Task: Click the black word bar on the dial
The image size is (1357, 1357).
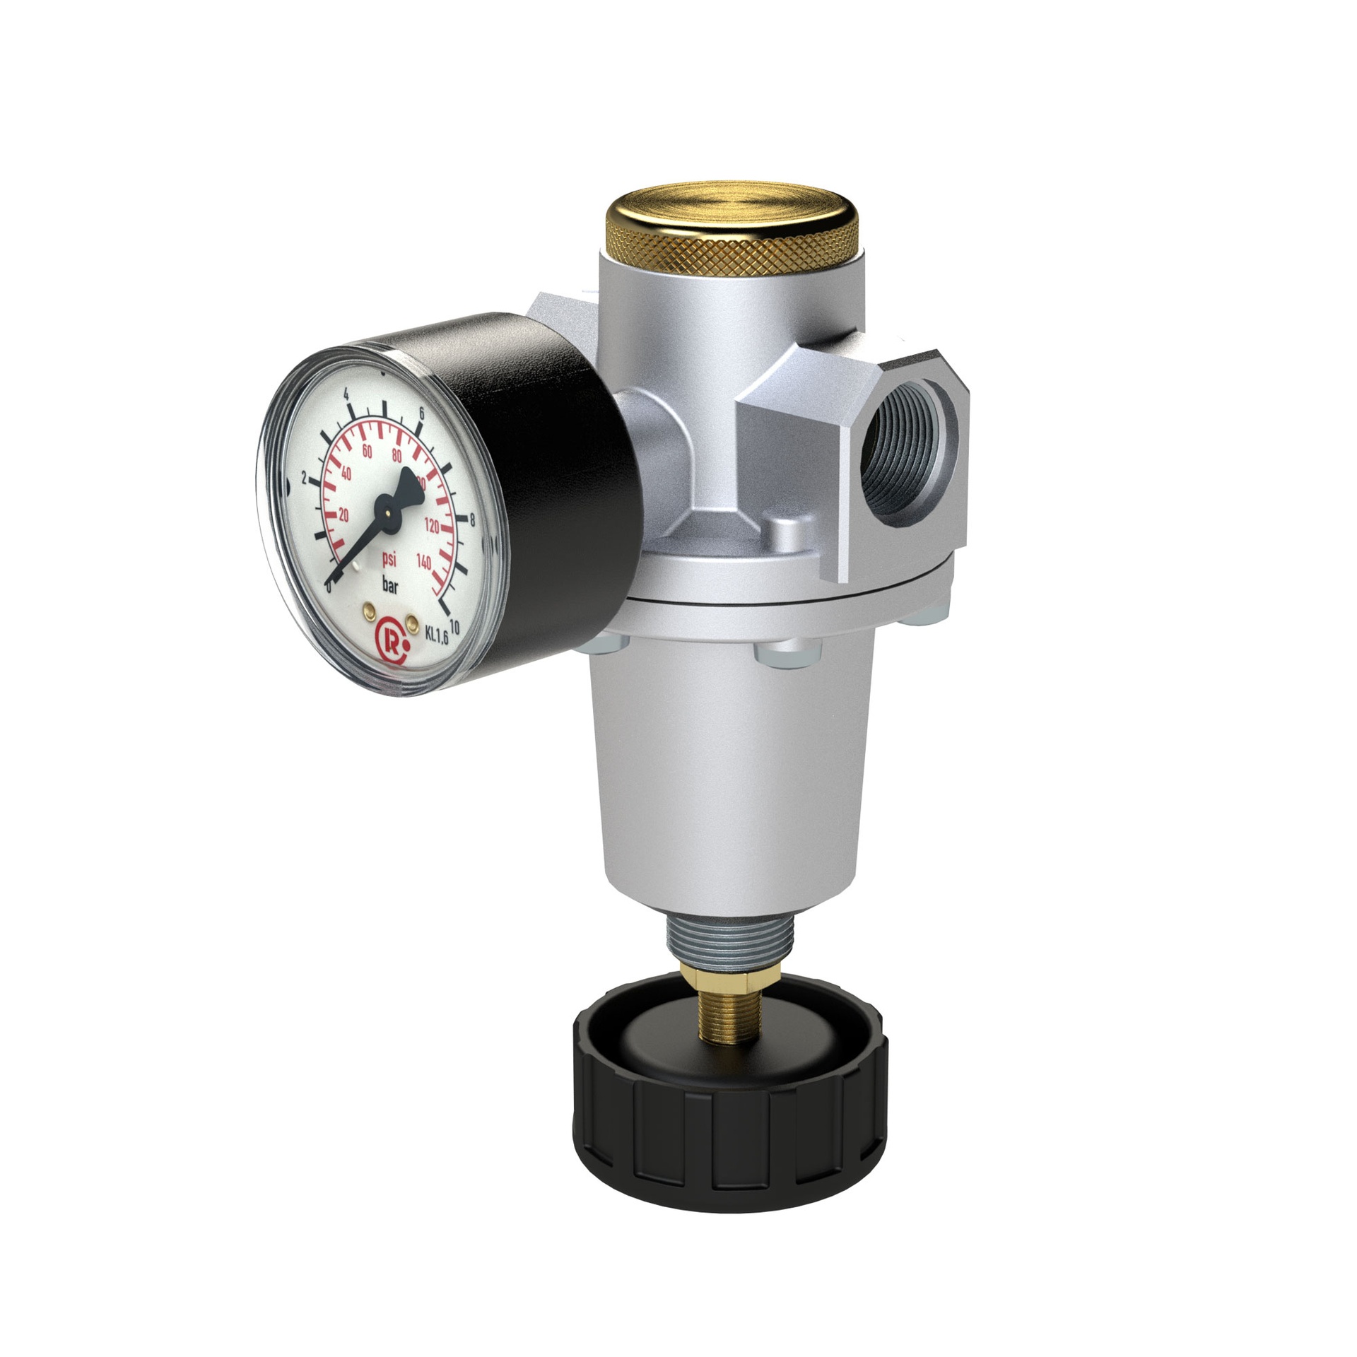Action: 390,584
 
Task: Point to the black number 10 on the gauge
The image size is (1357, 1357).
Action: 454,626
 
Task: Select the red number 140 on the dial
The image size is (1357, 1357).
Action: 424,562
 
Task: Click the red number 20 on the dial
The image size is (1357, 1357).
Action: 343,515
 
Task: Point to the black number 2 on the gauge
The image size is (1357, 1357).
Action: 304,478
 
